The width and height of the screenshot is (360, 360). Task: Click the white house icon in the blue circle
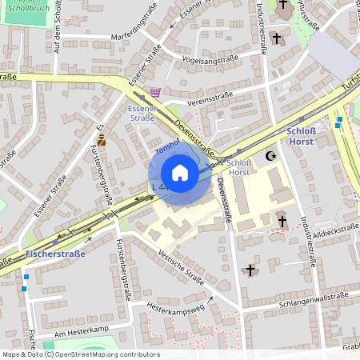point(180,173)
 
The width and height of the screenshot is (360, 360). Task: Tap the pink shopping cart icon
point(156,93)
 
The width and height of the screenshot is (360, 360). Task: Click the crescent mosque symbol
point(270,157)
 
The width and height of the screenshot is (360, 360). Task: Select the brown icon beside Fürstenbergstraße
point(102,140)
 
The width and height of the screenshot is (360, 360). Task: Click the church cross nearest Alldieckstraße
point(282,221)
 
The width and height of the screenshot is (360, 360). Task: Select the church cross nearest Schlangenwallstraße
point(250,270)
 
